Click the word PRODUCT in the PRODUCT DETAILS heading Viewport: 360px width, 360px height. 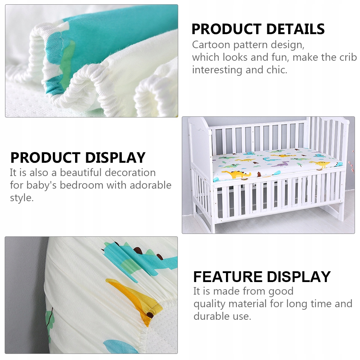tap(227, 29)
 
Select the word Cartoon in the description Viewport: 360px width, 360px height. tap(211, 45)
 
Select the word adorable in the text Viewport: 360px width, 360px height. tap(151, 185)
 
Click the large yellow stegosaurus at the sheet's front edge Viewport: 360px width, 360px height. tap(235, 174)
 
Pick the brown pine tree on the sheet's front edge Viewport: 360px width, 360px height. tap(259, 174)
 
